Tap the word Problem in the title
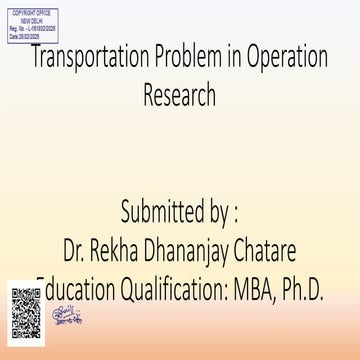click(x=196, y=58)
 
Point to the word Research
click(x=180, y=98)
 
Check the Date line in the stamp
click(x=29, y=34)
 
